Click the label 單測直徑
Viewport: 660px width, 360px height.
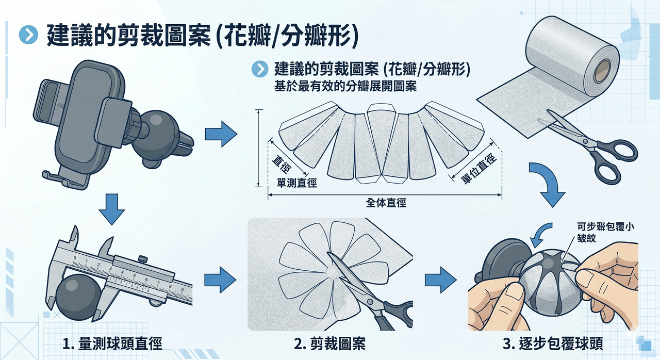[x=297, y=183]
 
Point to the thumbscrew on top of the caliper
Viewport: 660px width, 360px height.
[x=143, y=257]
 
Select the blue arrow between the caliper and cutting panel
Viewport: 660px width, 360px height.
[x=220, y=280]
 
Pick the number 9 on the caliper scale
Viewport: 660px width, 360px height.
[x=181, y=290]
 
